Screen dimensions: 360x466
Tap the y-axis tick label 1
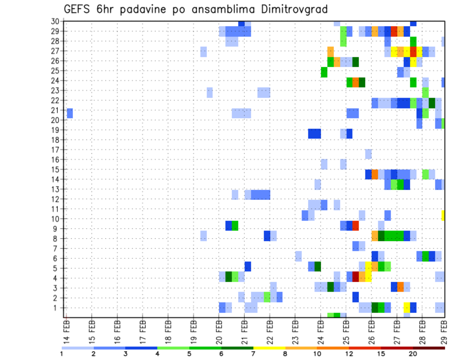(56, 308)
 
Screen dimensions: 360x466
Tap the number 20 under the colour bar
(413, 354)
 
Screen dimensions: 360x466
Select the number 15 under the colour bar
(382, 354)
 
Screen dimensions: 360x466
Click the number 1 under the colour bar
(62, 354)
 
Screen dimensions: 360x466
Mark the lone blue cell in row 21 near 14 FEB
(70, 113)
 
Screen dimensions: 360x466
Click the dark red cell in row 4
(355, 277)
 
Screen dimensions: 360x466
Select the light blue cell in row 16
(368, 154)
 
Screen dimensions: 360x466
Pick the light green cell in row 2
(266, 297)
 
